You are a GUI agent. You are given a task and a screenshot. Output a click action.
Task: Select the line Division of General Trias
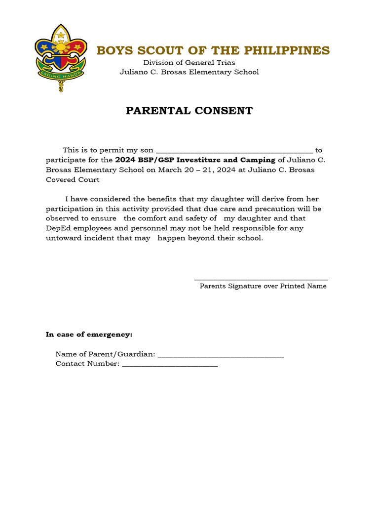pos(189,62)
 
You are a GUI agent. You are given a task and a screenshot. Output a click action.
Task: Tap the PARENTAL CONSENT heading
pos(189,111)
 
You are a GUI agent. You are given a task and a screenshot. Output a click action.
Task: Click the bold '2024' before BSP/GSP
pos(124,160)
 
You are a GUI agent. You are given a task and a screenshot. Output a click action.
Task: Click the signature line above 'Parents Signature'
pos(261,280)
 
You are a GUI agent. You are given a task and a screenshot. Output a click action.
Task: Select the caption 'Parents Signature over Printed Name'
pos(263,286)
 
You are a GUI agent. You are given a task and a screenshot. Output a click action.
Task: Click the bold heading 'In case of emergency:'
pos(89,335)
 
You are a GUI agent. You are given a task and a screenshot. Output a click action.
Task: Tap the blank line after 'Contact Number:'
pos(170,365)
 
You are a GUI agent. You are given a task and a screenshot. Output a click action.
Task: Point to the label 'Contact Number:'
pos(87,364)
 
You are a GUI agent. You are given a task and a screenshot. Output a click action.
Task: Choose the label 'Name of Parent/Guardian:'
pos(106,354)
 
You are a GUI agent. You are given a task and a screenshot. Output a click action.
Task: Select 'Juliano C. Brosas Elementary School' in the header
pos(189,72)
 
